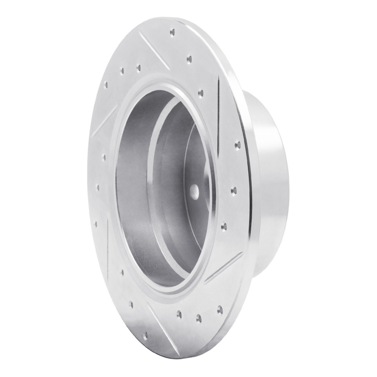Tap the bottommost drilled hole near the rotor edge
tap(145, 335)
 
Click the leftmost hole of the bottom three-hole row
tap(179, 313)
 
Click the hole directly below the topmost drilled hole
tap(189, 59)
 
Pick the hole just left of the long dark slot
tap(202, 92)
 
